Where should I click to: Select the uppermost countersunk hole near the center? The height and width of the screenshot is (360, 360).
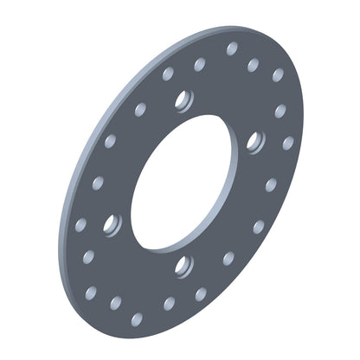pos(182,100)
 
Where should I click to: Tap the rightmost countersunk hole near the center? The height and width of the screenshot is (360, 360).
pos(254,140)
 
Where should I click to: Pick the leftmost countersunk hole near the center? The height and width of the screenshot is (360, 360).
pos(111,225)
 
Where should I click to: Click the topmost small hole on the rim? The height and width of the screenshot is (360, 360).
pos(232,48)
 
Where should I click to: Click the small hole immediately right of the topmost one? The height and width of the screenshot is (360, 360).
pos(254,65)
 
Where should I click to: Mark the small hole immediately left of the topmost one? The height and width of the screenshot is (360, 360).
pos(200,64)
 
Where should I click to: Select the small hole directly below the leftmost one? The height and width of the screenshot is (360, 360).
pos(88,257)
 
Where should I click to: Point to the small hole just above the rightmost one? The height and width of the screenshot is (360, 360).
pos(280,111)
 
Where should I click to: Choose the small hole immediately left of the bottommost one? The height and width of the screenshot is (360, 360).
pos(115,303)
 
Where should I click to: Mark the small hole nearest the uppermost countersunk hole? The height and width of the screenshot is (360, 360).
pos(168,74)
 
